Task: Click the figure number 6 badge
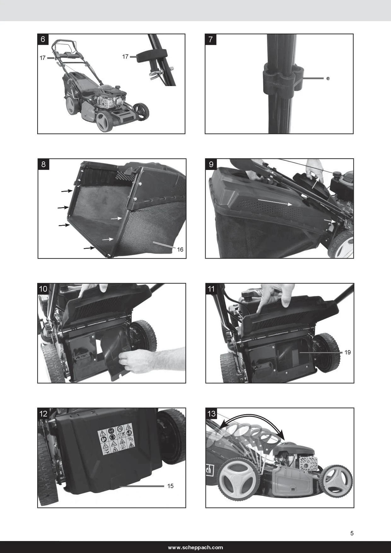[x=43, y=39]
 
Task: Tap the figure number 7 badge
[x=211, y=39]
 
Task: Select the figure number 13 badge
[x=211, y=413]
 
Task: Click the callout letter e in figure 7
[x=328, y=78]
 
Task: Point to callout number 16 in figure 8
[x=180, y=250]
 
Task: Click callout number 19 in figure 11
[x=347, y=352]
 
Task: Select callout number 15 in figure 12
[x=170, y=486]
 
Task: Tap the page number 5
[x=352, y=533]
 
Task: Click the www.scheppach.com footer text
[x=195, y=548]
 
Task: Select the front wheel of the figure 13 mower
[x=336, y=481]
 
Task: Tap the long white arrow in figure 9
[x=275, y=202]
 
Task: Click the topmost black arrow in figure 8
[x=67, y=191]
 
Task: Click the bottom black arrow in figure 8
[x=89, y=248]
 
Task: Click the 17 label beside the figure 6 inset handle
[x=125, y=56]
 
